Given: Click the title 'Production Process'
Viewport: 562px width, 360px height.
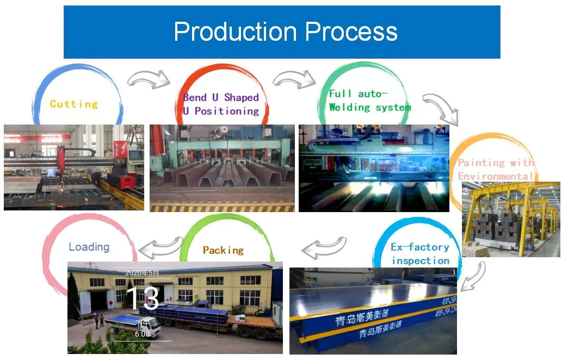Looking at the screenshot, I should click(x=285, y=32).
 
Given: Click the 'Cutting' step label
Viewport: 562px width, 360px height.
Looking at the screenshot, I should click(x=74, y=104).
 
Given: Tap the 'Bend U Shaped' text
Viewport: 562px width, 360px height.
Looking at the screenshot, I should click(x=220, y=97).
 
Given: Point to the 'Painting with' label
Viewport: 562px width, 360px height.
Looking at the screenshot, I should click(x=496, y=163).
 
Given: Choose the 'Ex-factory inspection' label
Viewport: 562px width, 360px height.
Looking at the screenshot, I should click(x=420, y=253).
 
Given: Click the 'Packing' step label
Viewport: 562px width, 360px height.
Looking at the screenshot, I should click(x=223, y=250).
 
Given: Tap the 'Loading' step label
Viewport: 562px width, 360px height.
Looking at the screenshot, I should click(x=89, y=247).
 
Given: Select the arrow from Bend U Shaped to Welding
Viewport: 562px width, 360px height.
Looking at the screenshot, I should click(x=294, y=79).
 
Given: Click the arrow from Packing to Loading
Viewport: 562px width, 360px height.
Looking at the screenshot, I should click(x=160, y=247).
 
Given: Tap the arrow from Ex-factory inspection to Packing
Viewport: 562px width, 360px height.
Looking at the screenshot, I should click(x=324, y=246).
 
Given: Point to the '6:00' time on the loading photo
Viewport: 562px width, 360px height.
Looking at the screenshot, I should click(x=142, y=334).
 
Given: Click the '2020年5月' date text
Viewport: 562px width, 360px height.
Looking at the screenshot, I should click(x=143, y=273).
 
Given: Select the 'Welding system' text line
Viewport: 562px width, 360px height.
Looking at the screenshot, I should click(x=369, y=107).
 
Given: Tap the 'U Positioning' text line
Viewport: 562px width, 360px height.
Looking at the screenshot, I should click(x=220, y=111).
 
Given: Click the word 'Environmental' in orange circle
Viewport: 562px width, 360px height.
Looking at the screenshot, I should click(x=496, y=176).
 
